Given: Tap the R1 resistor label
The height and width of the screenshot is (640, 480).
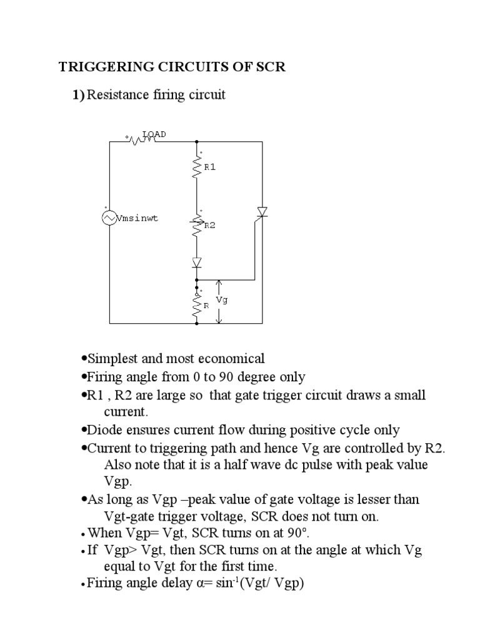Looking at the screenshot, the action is click(x=209, y=167).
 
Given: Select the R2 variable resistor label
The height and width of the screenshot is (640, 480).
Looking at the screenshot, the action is click(x=209, y=226).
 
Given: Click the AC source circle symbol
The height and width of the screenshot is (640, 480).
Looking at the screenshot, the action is click(x=109, y=217).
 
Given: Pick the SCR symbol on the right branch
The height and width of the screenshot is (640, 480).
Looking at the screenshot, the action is click(x=262, y=213).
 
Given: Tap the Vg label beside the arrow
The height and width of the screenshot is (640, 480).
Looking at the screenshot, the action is click(x=222, y=299).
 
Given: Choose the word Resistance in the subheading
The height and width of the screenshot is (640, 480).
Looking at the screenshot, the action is click(x=115, y=95).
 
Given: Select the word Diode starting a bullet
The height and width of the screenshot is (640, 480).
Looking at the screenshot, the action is click(x=104, y=430).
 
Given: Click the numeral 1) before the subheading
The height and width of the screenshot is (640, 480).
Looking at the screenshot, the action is click(x=77, y=95).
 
